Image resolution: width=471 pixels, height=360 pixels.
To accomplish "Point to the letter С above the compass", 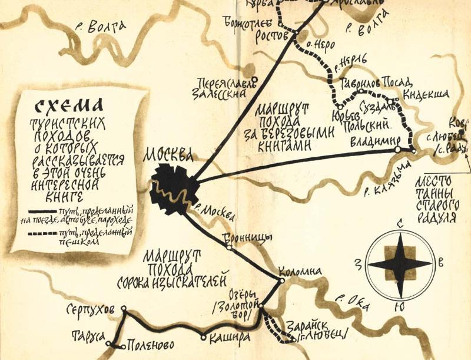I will click(x=400, y=224).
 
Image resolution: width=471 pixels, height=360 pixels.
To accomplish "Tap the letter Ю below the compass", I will click(x=400, y=307).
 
